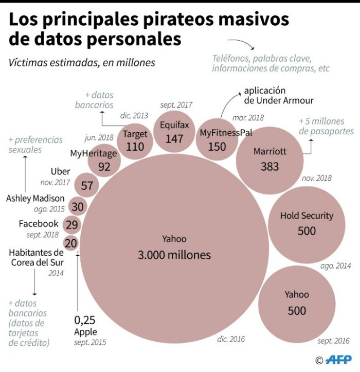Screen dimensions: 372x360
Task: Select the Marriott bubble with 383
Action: [269, 158]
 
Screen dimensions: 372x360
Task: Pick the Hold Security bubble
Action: [307, 223]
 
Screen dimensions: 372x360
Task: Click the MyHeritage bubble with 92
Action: [104, 160]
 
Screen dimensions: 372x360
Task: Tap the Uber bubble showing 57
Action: [87, 185]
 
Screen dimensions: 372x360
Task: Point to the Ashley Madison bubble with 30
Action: [77, 206]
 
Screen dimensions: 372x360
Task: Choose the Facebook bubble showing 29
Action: [72, 225]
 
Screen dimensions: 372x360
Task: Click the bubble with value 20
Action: [71, 243]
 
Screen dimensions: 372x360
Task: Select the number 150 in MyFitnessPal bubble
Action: [217, 147]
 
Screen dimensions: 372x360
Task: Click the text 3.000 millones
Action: [174, 255]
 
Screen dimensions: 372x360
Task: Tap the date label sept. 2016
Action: [333, 341]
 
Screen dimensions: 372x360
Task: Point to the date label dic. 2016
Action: [231, 339]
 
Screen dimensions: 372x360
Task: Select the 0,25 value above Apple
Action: [84, 320]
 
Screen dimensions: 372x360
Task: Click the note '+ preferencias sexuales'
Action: [35, 145]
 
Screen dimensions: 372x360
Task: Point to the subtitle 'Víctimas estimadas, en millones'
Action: [81, 63]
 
